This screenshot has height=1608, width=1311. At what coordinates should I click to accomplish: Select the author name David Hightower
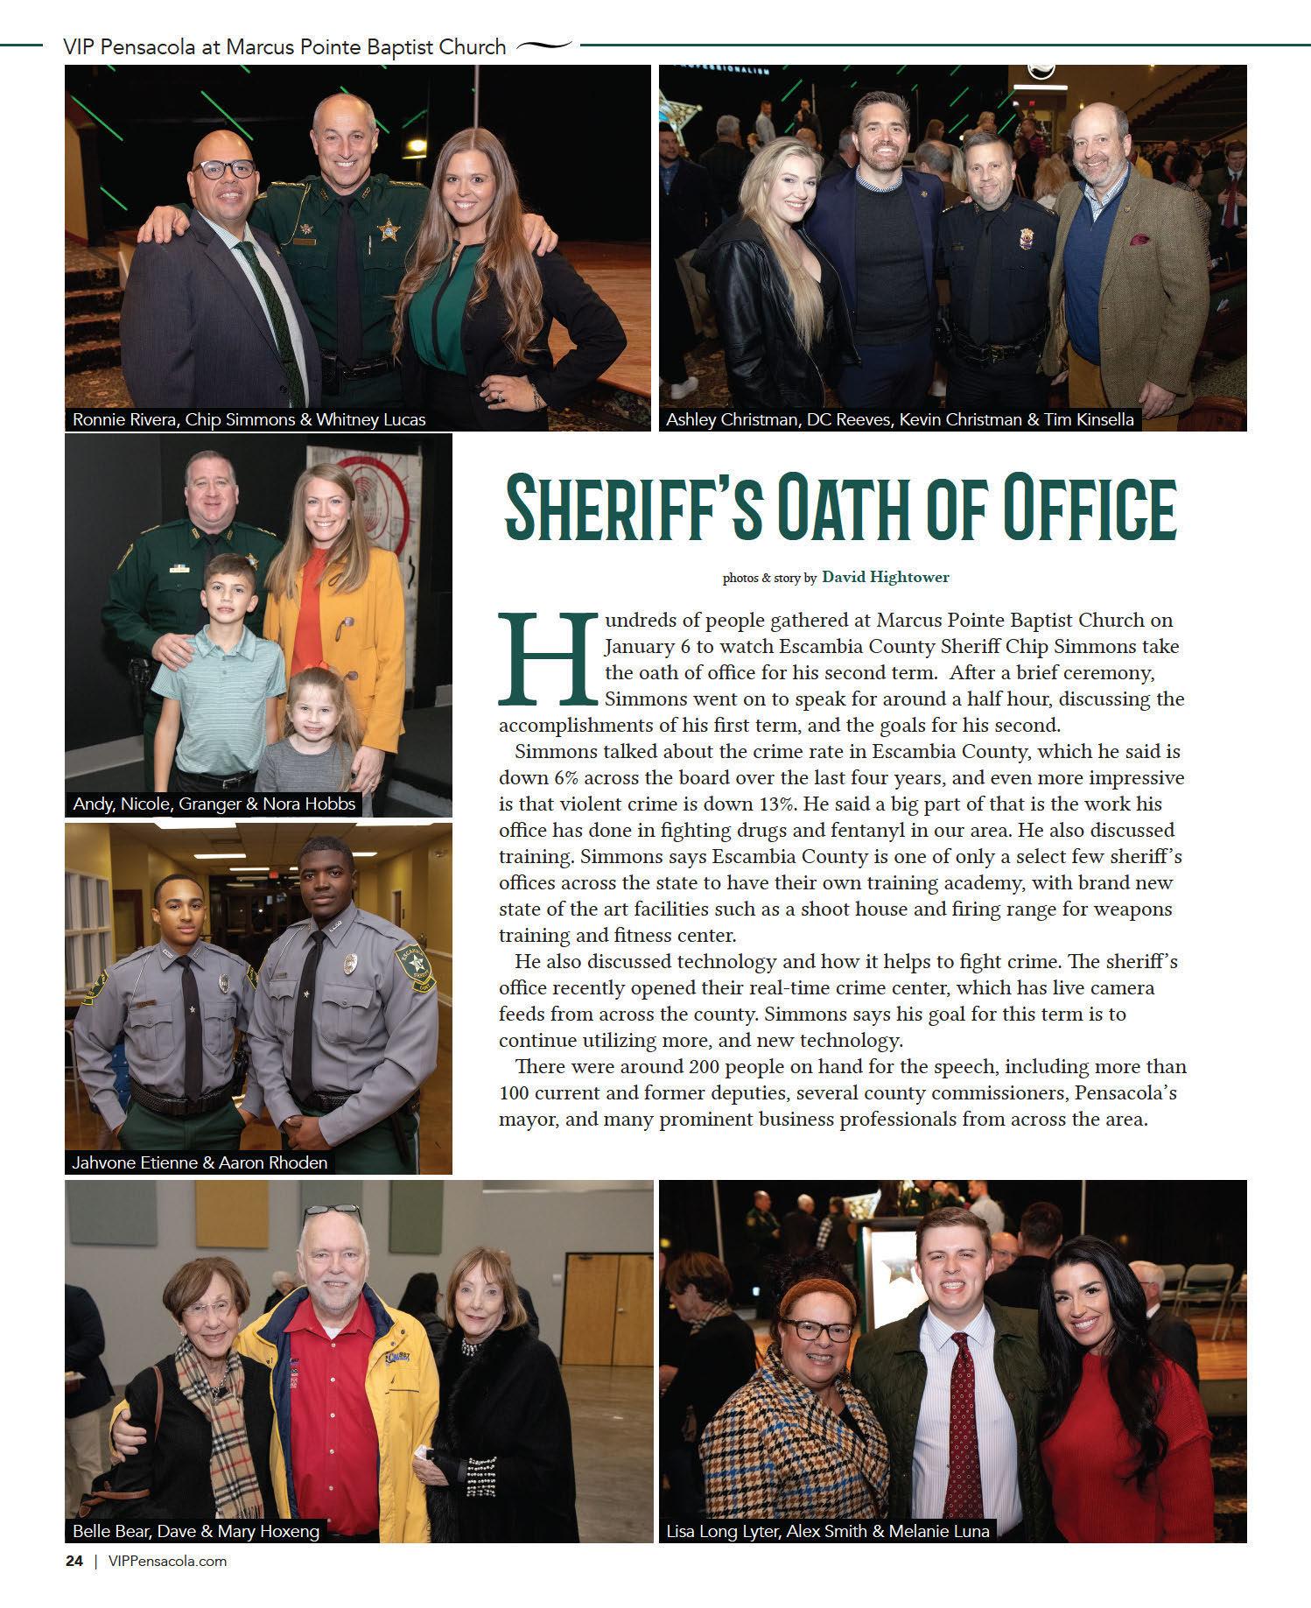[x=885, y=577]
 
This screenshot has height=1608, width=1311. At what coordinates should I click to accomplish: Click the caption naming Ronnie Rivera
[x=249, y=419]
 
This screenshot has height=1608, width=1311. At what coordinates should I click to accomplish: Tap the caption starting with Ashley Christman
[x=900, y=419]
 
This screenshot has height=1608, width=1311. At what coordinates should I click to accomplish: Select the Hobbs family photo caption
[x=214, y=804]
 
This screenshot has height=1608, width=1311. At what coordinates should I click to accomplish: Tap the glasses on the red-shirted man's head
[x=333, y=1212]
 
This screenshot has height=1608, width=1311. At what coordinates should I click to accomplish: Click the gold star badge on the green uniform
[x=386, y=230]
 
